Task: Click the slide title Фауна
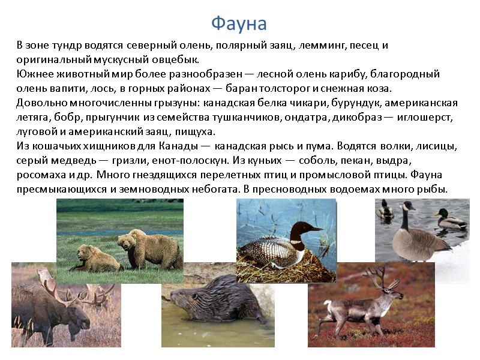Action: click(x=239, y=23)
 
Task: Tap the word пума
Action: click(x=319, y=146)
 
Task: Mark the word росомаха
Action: click(x=41, y=175)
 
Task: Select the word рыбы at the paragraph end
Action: click(x=433, y=189)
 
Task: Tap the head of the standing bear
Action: click(x=127, y=242)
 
